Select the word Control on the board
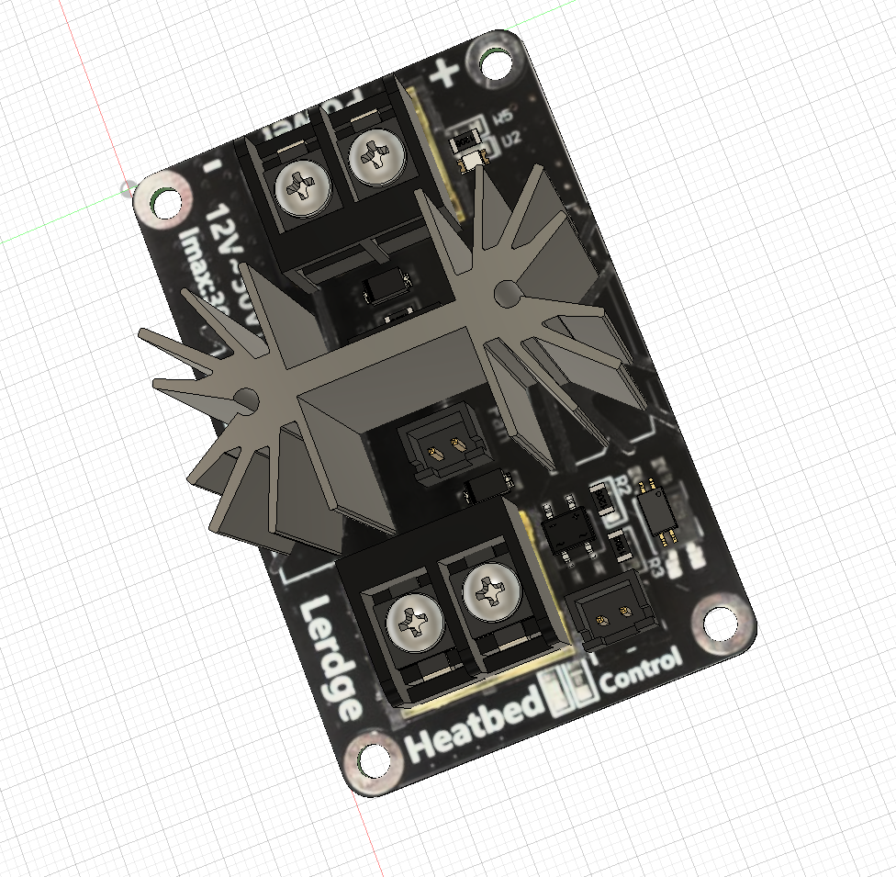pyautogui.click(x=641, y=672)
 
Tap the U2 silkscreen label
pyautogui.click(x=511, y=139)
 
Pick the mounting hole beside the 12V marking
pyautogui.click(x=166, y=200)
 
